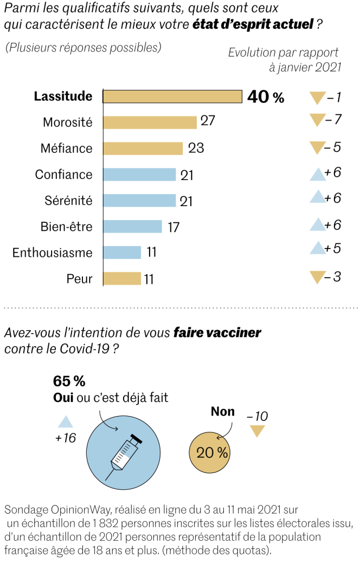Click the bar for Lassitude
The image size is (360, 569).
(172, 97)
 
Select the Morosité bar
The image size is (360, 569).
(150, 123)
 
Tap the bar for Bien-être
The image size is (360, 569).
(132, 226)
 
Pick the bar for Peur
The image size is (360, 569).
(122, 279)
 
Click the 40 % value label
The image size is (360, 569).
(266, 97)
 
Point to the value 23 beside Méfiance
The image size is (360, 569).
(196, 148)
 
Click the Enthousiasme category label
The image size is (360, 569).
(52, 253)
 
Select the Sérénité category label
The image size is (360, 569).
(68, 201)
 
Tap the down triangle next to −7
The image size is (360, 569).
(316, 120)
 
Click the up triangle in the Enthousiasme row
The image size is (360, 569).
(317, 249)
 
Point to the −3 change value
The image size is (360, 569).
(333, 277)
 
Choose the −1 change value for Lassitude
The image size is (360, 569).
(333, 98)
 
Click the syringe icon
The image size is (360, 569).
(125, 454)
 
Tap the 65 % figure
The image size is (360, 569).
(69, 381)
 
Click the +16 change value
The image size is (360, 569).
(66, 438)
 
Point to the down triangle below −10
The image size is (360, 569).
(256, 432)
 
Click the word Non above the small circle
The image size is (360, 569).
(222, 412)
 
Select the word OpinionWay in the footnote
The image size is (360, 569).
(81, 510)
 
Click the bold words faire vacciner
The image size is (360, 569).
(217, 333)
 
